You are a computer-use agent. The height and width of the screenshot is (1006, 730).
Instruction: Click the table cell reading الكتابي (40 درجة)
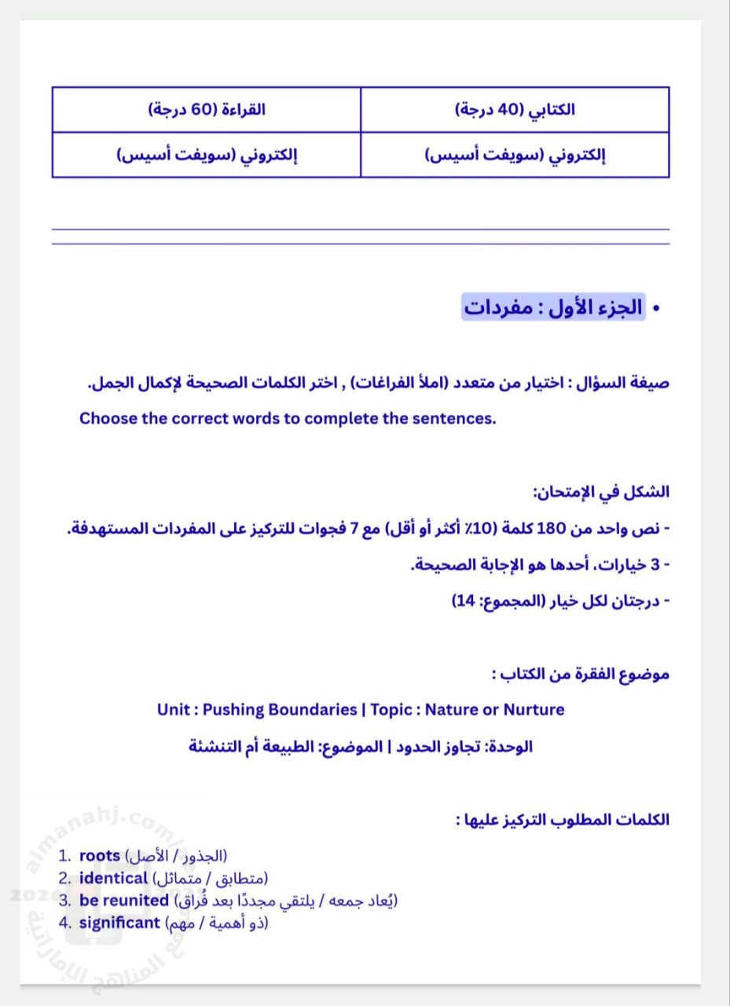(x=515, y=110)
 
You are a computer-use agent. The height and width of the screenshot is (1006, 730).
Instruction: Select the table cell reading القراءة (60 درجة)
(x=207, y=110)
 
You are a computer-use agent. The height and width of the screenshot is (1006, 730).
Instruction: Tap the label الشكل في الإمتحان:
(x=601, y=493)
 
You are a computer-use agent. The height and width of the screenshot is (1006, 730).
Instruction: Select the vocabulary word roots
(x=100, y=855)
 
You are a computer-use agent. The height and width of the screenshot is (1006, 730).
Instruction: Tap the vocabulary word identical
(x=113, y=878)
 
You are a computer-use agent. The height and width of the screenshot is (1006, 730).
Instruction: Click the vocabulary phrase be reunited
(x=124, y=901)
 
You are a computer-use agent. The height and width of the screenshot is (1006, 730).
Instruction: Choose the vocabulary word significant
(x=119, y=923)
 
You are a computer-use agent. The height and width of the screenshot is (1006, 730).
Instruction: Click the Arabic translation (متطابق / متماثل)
(x=211, y=878)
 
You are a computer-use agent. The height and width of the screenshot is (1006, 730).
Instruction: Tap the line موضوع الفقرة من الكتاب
(x=581, y=674)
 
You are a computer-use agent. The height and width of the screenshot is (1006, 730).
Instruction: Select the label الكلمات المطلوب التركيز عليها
(x=563, y=820)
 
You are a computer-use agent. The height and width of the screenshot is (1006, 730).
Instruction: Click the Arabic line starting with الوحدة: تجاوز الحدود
(x=361, y=746)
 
